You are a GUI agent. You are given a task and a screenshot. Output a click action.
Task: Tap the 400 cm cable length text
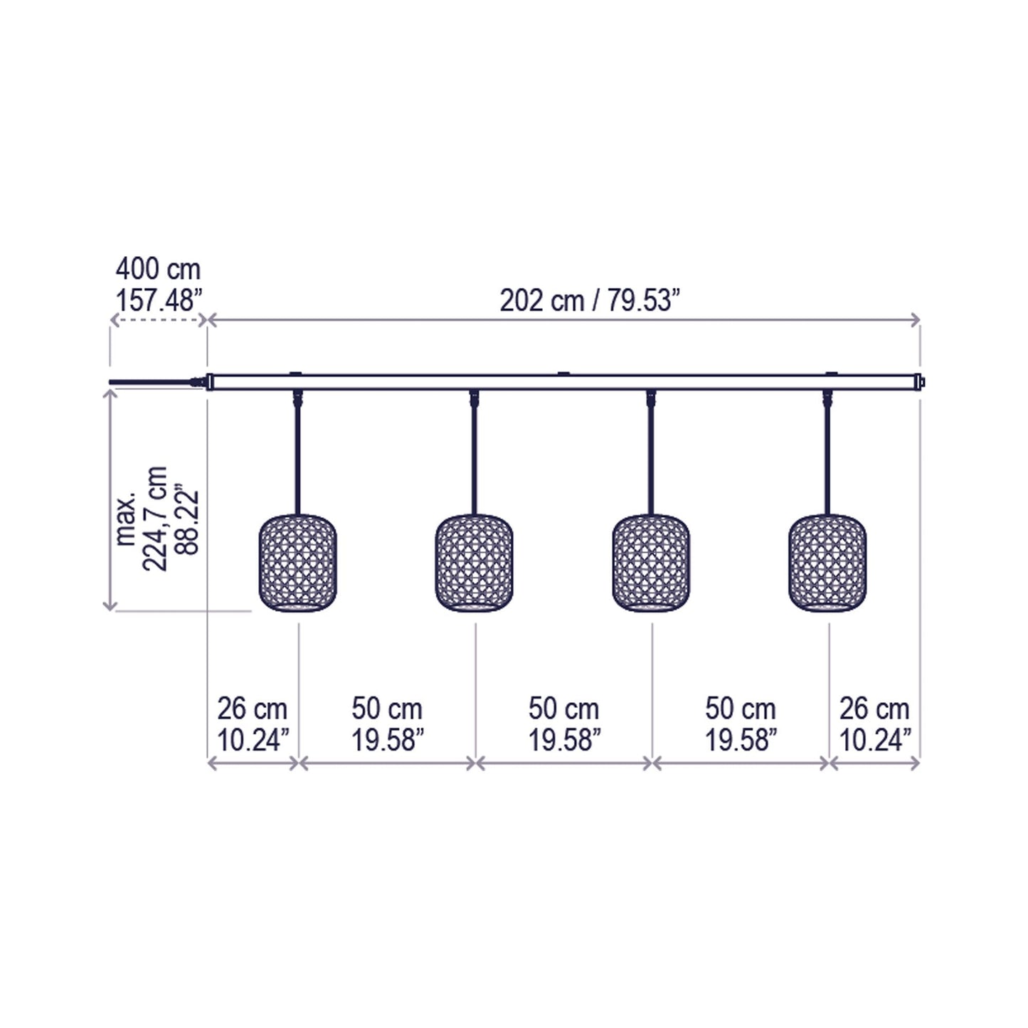tap(158, 270)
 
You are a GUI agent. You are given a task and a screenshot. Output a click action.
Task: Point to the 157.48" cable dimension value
tap(159, 300)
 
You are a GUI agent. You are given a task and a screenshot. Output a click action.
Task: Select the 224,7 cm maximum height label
tap(156, 519)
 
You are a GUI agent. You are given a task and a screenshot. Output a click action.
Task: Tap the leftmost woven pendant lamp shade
tap(297, 563)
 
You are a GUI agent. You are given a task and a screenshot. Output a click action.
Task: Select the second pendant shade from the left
tap(475, 563)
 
